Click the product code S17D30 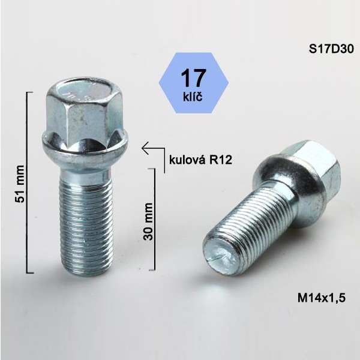coord(331,49)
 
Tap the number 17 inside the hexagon coord(193,78)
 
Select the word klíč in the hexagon coord(193,97)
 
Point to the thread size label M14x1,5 coord(322,298)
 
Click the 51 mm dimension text coord(20,184)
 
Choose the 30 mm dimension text coord(148,221)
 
